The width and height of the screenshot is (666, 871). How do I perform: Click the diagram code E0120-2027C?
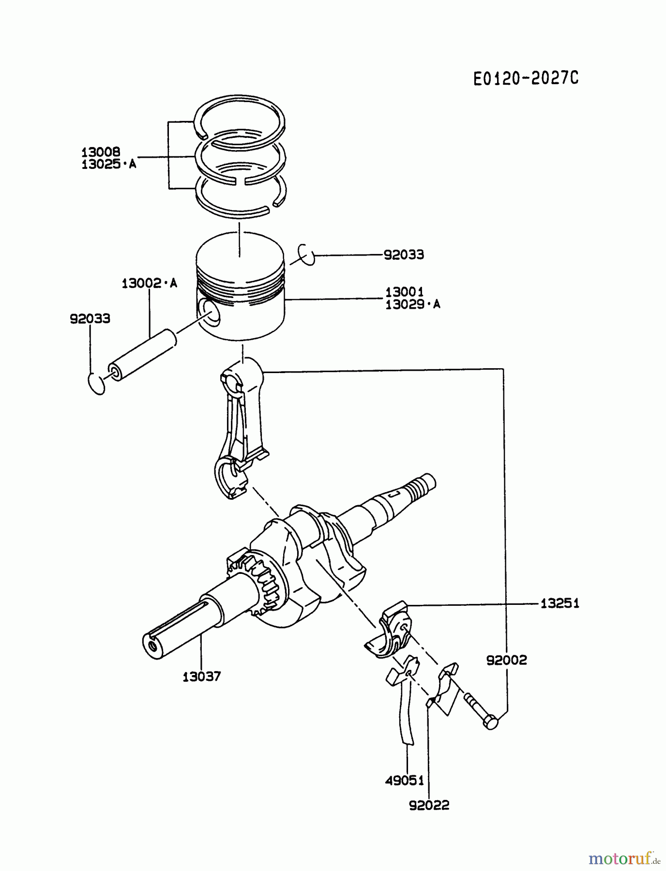pos(526,78)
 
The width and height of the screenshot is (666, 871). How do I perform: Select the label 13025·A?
pos(108,164)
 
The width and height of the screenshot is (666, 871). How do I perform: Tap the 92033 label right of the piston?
pos(404,255)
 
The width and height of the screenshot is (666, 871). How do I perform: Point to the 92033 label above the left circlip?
pos(90,318)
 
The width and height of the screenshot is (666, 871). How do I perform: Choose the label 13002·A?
pos(149,283)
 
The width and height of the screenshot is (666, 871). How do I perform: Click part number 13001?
pos(405,292)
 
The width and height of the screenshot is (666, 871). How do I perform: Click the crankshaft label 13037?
pos(201,676)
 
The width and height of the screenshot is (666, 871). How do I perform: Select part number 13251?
pos(560,603)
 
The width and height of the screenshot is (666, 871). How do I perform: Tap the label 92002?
pos(506,660)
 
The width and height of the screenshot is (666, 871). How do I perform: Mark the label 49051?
pos(405,781)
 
